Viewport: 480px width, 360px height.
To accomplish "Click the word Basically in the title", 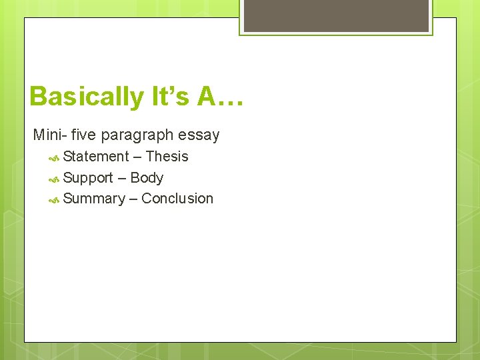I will [x=85, y=97].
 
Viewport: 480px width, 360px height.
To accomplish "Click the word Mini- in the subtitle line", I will [x=49, y=135].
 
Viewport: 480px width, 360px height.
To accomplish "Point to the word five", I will [x=83, y=135].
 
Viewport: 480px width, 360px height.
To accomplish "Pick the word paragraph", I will [x=138, y=135].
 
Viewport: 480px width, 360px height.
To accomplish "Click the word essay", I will [x=199, y=135].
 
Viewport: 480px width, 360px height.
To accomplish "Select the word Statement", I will [x=96, y=157].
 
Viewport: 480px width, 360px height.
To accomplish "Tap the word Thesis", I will [x=167, y=157].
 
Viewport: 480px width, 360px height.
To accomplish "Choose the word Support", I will [x=88, y=178].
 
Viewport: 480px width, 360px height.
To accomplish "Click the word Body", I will [x=147, y=178].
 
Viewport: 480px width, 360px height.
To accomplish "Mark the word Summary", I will [x=94, y=199].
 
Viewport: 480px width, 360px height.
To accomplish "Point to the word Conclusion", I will [x=177, y=199].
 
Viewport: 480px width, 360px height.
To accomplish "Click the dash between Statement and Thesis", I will [x=137, y=157].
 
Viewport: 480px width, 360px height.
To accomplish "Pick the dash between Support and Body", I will [x=122, y=179].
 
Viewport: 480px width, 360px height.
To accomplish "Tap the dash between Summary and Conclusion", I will [x=133, y=199].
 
